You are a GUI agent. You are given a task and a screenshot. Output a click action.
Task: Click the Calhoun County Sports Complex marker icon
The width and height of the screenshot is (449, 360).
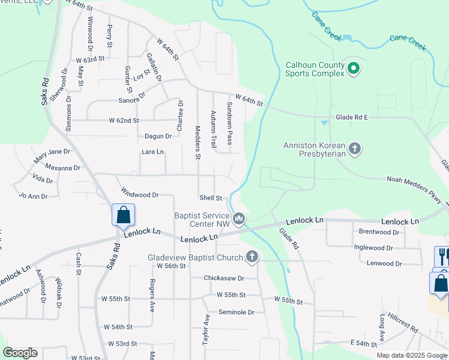tap(354, 69)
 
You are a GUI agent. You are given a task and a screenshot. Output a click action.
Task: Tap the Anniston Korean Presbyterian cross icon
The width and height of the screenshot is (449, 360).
tap(355, 148)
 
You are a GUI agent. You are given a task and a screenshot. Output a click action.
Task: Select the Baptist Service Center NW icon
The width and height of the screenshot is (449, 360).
tap(239, 220)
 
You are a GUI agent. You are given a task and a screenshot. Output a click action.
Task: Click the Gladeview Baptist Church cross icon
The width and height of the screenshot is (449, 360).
tap(252, 257)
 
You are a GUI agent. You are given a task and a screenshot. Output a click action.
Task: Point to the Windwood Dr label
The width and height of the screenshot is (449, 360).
tap(139, 194)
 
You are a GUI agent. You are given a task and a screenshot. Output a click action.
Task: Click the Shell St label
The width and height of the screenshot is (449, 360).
tap(211, 198)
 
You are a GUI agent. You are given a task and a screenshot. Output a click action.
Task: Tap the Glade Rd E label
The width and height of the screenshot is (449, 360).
tap(352, 118)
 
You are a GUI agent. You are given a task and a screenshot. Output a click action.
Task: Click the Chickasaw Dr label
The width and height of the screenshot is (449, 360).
tap(224, 278)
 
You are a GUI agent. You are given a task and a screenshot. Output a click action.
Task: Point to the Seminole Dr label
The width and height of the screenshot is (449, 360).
tap(237, 312)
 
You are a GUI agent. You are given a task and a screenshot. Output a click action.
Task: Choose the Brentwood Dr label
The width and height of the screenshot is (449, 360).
tap(379, 232)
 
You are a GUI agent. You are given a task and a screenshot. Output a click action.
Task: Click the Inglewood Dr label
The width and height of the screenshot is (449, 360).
tap(373, 247)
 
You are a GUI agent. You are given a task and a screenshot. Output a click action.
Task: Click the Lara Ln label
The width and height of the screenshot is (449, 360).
tap(152, 152)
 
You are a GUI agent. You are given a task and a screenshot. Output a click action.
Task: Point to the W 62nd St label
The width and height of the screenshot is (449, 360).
tap(124, 121)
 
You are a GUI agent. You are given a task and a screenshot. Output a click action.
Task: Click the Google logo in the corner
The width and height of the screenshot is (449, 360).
tap(20, 353)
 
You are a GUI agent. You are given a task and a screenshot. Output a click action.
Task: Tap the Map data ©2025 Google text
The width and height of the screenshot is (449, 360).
tap(412, 355)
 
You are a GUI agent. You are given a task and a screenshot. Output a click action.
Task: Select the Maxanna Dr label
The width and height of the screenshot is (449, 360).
tap(62, 168)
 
